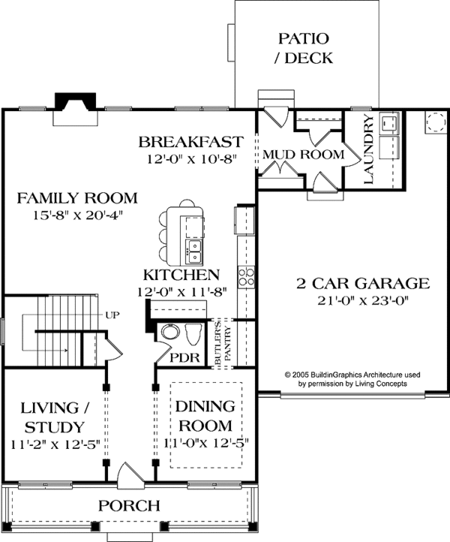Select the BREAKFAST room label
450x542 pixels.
[x=190, y=142]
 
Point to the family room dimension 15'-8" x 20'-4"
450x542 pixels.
[x=78, y=215]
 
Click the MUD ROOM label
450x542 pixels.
[x=302, y=155]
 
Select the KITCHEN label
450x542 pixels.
[x=181, y=275]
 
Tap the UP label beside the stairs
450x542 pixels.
[x=112, y=315]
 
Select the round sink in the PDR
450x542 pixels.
[x=169, y=333]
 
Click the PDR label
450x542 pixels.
[x=184, y=358]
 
